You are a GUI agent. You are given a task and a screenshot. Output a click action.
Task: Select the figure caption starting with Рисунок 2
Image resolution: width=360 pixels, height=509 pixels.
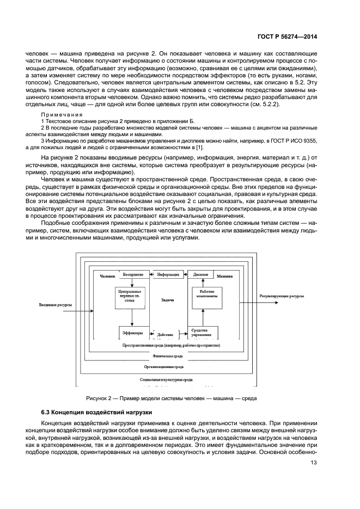[x=168, y=398]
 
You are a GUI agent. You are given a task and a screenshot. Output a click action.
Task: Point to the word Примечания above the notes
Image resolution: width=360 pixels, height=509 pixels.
[x=62, y=114]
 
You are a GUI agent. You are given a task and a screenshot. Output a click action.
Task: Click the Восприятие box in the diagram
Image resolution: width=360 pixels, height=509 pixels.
[x=133, y=274]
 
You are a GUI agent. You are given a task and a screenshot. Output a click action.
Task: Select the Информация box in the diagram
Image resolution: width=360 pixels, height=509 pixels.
[x=168, y=274]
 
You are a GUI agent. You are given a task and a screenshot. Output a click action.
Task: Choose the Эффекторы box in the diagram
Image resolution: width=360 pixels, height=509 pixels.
[x=133, y=332]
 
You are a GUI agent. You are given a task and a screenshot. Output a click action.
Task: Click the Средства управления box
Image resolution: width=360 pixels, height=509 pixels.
[x=203, y=332]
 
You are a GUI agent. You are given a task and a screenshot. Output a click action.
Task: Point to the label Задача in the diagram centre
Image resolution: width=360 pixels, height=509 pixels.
[x=168, y=300]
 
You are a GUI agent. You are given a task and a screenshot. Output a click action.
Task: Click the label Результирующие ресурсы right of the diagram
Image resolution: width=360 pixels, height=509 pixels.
[x=282, y=296]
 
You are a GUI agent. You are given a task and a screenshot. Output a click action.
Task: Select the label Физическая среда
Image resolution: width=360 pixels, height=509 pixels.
[x=168, y=355]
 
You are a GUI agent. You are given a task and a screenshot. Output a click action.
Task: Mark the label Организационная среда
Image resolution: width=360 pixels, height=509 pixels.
[x=168, y=367]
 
